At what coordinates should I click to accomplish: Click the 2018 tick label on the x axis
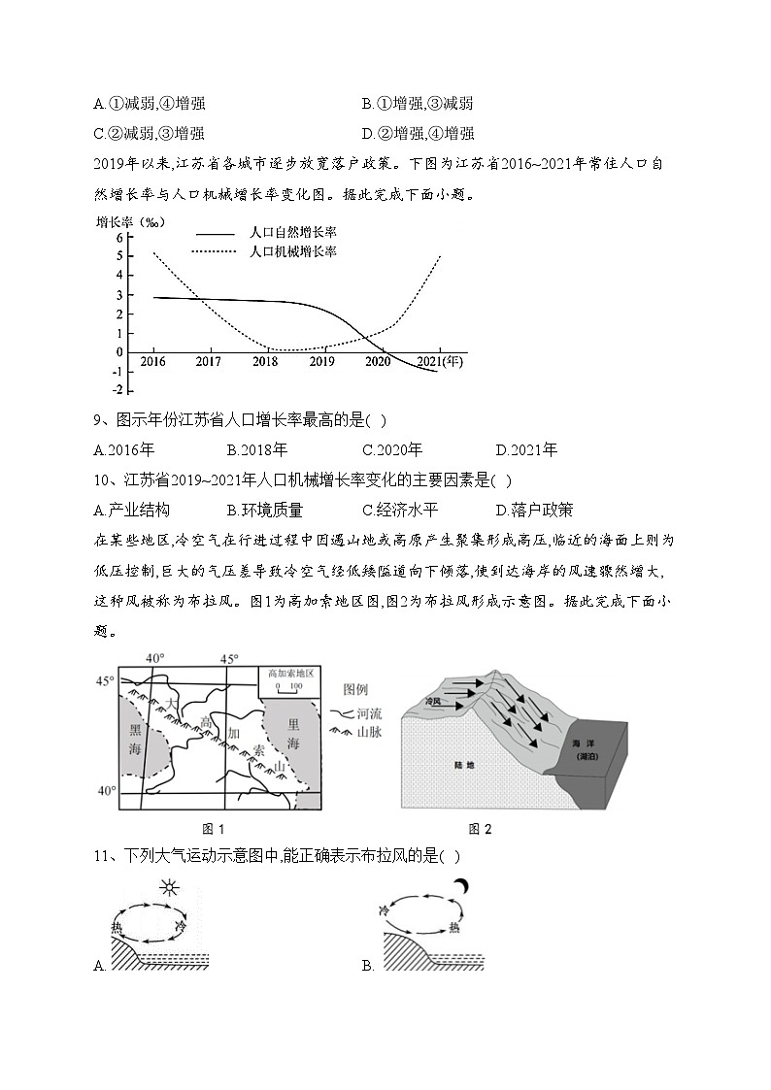pyautogui.click(x=265, y=361)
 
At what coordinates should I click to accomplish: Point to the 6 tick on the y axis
pyautogui.click(x=119, y=237)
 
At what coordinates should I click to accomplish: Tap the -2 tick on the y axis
pyautogui.click(x=117, y=389)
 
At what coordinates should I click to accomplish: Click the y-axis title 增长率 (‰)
pyautogui.click(x=130, y=221)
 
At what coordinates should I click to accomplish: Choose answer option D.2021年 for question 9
pyautogui.click(x=526, y=449)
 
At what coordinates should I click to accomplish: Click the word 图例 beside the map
pyautogui.click(x=355, y=690)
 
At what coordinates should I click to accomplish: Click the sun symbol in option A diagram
pyautogui.click(x=171, y=889)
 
